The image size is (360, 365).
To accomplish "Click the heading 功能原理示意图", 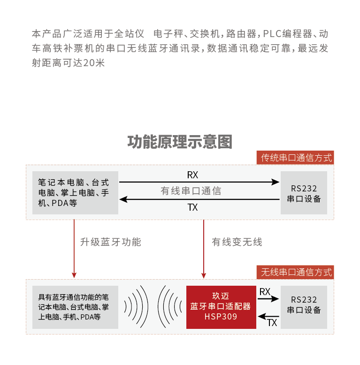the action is click(x=180, y=142).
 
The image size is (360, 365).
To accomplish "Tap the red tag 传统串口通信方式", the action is click(x=296, y=158).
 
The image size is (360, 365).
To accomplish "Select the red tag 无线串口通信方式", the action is click(x=296, y=272).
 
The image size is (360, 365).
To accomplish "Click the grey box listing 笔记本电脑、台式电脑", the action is click(x=75, y=193).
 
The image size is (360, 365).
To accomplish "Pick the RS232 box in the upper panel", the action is click(x=304, y=193).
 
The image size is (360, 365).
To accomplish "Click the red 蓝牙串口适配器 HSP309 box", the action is click(x=221, y=307).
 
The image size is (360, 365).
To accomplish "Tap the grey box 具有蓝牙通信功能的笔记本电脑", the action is click(x=75, y=307).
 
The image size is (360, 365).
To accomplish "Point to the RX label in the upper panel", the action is click(x=192, y=175).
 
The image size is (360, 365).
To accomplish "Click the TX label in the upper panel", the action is click(x=192, y=207).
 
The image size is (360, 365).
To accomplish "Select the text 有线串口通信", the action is click(x=191, y=191).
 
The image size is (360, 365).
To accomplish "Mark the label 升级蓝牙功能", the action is click(x=111, y=242).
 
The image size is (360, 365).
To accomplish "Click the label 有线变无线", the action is click(x=237, y=242).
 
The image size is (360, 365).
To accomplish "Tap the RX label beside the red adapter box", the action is click(x=265, y=292).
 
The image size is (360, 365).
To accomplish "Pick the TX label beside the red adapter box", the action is click(x=272, y=323).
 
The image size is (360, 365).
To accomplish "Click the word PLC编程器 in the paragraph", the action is click(x=287, y=34).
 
